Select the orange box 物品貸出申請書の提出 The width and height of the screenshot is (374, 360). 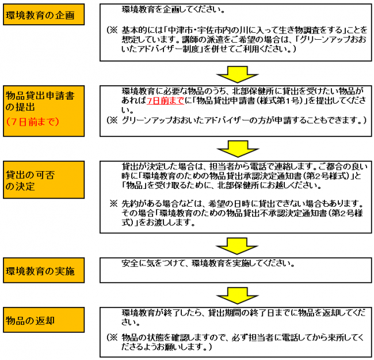coord(43,108)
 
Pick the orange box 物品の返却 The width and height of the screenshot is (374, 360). coord(43,320)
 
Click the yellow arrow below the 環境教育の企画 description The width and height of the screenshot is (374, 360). coord(236,73)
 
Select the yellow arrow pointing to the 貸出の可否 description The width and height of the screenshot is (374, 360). coord(236,148)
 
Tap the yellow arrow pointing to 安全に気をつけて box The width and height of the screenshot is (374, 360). coord(236,244)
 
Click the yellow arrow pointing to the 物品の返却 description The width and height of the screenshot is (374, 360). coord(236,294)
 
